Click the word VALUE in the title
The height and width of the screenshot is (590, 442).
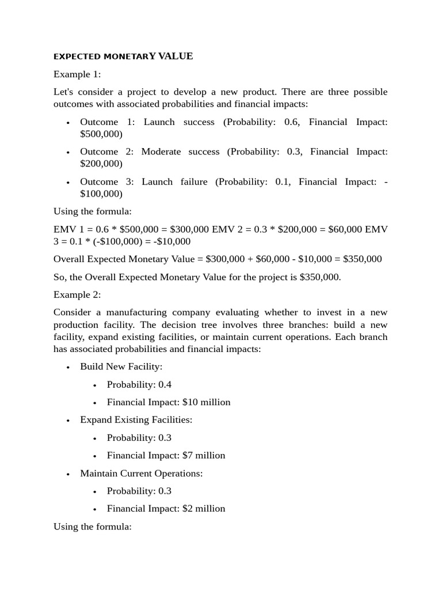pyautogui.click(x=175, y=56)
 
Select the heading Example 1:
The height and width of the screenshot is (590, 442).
pyautogui.click(x=77, y=74)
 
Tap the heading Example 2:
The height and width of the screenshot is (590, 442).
pyautogui.click(x=77, y=294)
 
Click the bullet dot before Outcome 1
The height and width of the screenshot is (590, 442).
pyautogui.click(x=68, y=123)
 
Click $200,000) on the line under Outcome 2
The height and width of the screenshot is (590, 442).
pyautogui.click(x=101, y=164)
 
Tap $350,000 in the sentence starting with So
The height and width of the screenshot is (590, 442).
pyautogui.click(x=319, y=277)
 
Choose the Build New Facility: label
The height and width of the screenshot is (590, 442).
pyautogui.click(x=121, y=366)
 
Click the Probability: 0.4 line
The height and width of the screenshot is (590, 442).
pyautogui.click(x=139, y=384)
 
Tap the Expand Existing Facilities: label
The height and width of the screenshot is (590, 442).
pyautogui.click(x=136, y=419)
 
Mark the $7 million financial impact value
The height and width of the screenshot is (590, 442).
pyautogui.click(x=204, y=455)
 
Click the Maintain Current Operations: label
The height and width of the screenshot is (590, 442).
pyautogui.click(x=141, y=473)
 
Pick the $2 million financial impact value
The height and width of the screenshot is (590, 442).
pyautogui.click(x=204, y=508)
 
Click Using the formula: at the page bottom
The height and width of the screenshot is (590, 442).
pyautogui.click(x=93, y=526)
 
